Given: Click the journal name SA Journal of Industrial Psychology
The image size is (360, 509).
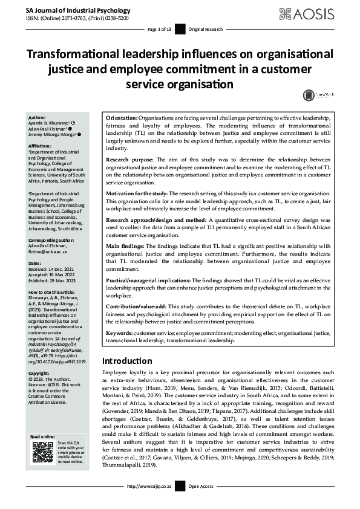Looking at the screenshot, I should coord(70,11).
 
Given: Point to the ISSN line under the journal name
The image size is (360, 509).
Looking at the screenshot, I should coord(68,19).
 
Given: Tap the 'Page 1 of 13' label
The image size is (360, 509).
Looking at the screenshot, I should coord(160,29).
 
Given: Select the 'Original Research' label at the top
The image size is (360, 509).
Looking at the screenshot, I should coord(205,29).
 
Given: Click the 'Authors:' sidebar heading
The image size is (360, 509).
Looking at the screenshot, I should coord(37,117).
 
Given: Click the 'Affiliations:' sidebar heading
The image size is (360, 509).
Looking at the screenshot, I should coord(41,145).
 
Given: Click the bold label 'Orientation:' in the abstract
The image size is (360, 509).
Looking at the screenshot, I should coord(122,117).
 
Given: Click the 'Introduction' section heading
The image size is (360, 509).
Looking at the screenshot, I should coord(127,361).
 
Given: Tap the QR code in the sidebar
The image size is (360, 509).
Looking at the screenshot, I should coord(41,453).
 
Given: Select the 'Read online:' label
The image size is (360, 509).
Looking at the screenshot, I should coord(42,436).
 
